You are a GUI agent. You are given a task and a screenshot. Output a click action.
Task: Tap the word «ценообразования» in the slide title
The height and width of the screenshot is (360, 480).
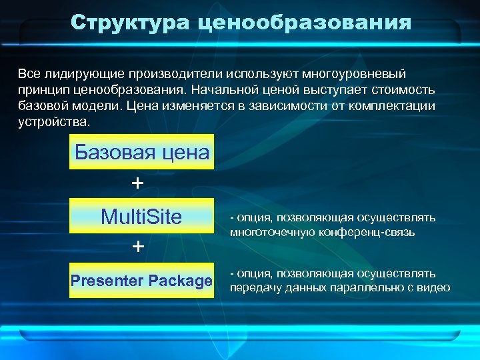pos(305,24)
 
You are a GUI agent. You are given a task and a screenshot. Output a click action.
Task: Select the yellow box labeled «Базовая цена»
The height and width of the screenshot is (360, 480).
pos(142,152)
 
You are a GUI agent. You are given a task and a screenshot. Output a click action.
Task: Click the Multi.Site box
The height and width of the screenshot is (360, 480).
pos(142,216)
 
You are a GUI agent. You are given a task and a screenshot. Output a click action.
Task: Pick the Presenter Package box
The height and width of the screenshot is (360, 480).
pos(142,281)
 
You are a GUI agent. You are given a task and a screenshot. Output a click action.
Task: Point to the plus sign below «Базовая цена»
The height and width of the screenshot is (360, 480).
pos(138,183)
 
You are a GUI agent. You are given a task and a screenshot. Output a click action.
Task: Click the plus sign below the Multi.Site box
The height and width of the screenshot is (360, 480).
pos(138,247)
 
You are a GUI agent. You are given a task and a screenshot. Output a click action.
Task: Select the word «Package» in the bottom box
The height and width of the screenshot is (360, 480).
pos(180,281)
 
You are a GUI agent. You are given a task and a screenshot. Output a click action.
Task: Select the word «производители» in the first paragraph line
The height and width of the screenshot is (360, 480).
pos(175,72)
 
